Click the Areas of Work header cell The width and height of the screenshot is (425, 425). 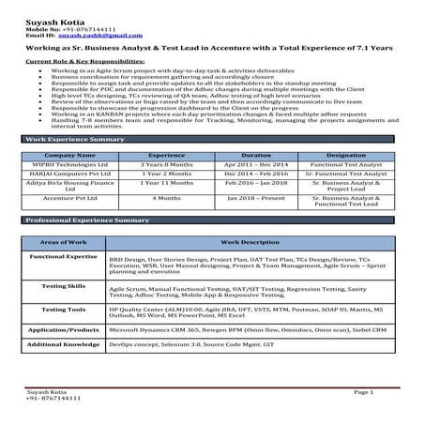tap(64, 242)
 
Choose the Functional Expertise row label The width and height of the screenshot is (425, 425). tap(64, 256)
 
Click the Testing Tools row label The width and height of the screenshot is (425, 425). tap(64, 309)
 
